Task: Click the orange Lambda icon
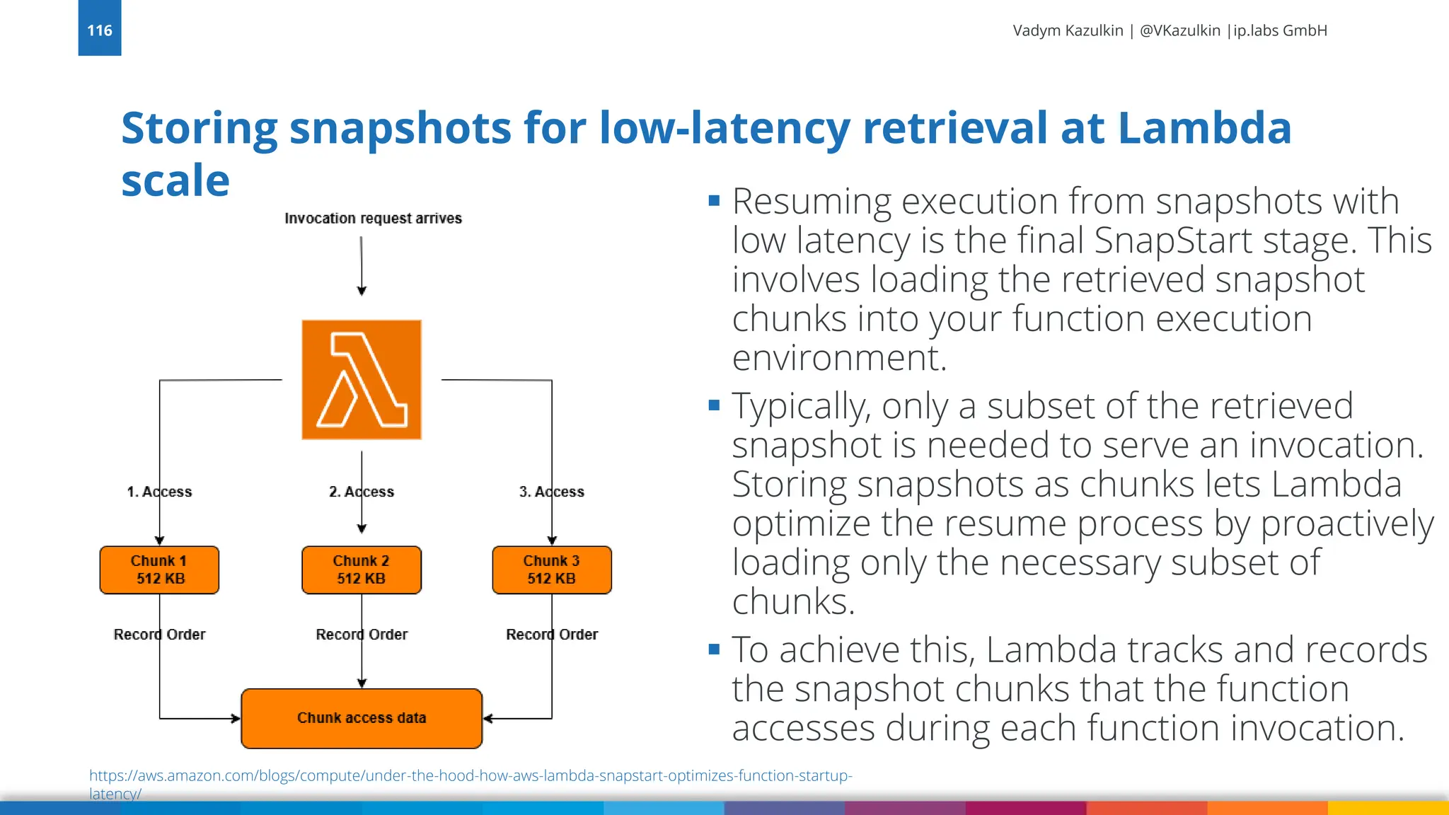pyautogui.click(x=362, y=380)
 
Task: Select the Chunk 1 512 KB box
pyautogui.click(x=159, y=570)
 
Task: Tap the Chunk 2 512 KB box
pyautogui.click(x=362, y=570)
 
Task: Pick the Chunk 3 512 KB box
pyautogui.click(x=552, y=570)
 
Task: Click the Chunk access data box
pyautogui.click(x=362, y=718)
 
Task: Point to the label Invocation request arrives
pyautogui.click(x=373, y=219)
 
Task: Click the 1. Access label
pyautogui.click(x=159, y=492)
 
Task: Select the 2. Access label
pyautogui.click(x=362, y=492)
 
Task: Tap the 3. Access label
pyautogui.click(x=552, y=492)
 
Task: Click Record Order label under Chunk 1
pyautogui.click(x=159, y=635)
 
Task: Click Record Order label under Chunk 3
pyautogui.click(x=552, y=635)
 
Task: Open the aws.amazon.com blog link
pyautogui.click(x=471, y=776)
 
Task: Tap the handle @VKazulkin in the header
pyautogui.click(x=1179, y=30)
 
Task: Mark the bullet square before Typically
pyautogui.click(x=714, y=405)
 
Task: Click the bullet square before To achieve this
pyautogui.click(x=714, y=649)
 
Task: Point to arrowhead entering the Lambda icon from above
pyautogui.click(x=362, y=291)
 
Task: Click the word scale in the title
pyautogui.click(x=175, y=180)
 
